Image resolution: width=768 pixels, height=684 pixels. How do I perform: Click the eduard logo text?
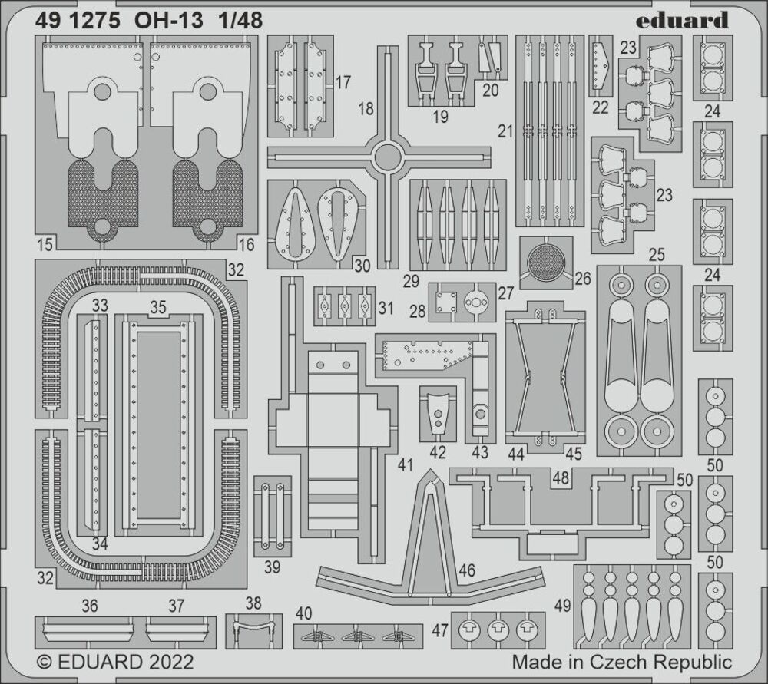(682, 20)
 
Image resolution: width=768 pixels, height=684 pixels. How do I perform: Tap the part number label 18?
(366, 108)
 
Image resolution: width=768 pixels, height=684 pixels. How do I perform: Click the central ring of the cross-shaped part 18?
(387, 157)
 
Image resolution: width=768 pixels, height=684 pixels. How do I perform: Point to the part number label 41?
(406, 464)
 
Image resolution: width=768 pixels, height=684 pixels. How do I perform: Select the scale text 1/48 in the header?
(240, 21)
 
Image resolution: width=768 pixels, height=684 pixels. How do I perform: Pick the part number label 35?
(158, 307)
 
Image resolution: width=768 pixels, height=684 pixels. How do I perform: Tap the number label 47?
(440, 630)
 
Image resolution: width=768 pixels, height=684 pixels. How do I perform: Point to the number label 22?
(600, 107)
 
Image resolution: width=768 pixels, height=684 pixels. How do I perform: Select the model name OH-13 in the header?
(168, 21)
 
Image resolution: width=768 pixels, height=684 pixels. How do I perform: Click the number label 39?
(272, 567)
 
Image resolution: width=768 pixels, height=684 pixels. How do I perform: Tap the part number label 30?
(362, 266)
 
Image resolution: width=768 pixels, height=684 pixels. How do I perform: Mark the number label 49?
(563, 606)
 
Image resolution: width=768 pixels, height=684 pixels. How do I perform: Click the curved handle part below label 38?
(253, 628)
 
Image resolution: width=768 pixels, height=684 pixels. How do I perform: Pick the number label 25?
(657, 255)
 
